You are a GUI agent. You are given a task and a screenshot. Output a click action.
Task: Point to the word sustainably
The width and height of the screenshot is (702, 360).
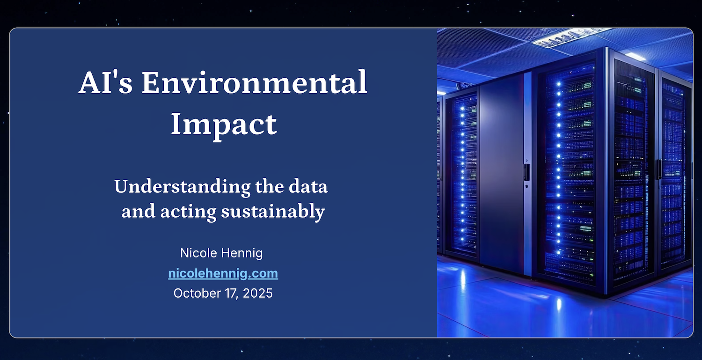[273, 212]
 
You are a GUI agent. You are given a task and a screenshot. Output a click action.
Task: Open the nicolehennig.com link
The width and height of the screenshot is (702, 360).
[223, 273]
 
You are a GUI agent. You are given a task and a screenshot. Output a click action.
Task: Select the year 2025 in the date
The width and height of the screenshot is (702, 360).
[257, 294]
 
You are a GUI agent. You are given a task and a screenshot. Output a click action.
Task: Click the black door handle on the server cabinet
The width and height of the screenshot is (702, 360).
[526, 172]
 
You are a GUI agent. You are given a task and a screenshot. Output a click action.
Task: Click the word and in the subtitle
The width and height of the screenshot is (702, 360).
[139, 212]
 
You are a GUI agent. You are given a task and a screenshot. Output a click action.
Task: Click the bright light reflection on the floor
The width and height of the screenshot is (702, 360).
[558, 304]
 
